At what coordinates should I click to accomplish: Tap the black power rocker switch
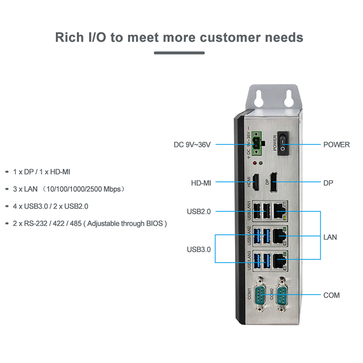(283, 143)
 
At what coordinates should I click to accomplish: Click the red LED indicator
(255, 163)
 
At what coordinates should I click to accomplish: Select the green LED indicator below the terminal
(261, 163)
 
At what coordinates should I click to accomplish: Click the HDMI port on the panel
(255, 182)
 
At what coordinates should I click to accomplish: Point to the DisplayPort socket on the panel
(274, 182)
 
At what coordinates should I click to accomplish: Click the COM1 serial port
(260, 295)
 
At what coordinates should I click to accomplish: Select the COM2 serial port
(282, 295)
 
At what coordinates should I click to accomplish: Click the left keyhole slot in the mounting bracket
(258, 98)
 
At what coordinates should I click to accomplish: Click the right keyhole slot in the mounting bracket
(289, 98)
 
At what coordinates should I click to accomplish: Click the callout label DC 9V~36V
(192, 145)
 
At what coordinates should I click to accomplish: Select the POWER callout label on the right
(336, 145)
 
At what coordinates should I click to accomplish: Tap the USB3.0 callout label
(199, 250)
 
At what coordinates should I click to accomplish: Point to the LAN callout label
(330, 237)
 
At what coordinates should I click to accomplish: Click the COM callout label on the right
(332, 295)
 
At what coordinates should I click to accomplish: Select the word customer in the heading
(231, 38)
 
